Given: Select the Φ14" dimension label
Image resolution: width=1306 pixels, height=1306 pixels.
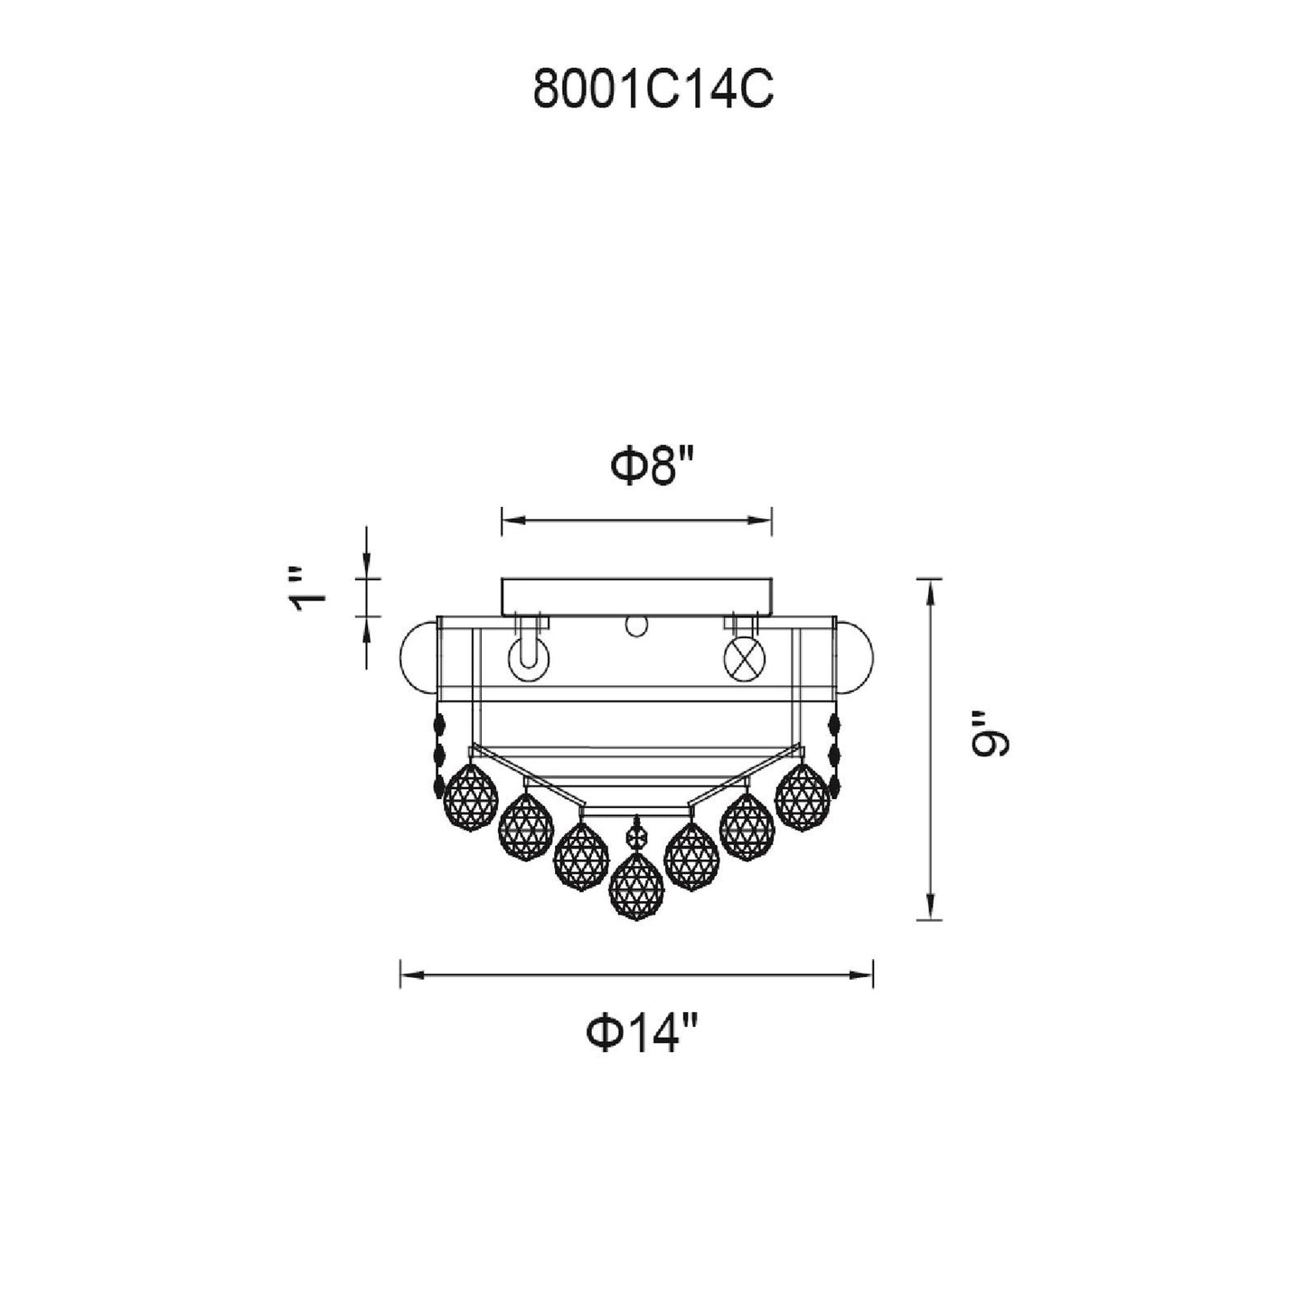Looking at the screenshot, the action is tap(641, 1030).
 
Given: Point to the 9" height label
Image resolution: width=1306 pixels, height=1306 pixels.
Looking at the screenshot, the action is tap(991, 743).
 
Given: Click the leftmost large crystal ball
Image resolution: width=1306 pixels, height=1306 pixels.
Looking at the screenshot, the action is tap(470, 797).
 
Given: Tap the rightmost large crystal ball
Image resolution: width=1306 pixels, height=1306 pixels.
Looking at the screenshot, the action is tap(803, 797).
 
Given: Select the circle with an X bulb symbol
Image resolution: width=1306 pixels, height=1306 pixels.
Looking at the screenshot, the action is tap(745, 659).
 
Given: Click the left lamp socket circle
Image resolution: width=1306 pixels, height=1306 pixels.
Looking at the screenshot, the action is tap(529, 660).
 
